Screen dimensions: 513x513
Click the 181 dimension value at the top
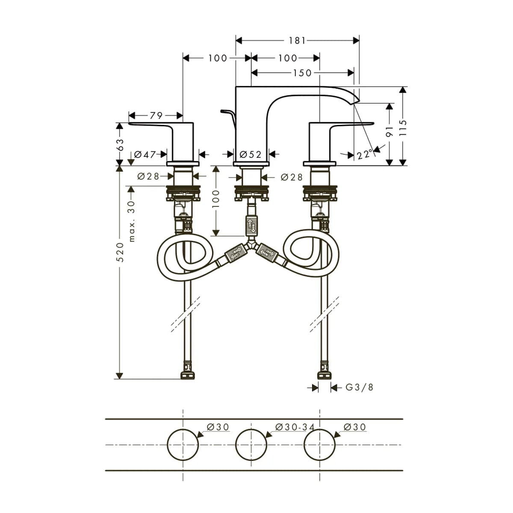point(297,41)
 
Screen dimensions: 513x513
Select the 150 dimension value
point(302,73)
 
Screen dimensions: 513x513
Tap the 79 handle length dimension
point(156,115)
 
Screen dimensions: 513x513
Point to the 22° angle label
point(365,154)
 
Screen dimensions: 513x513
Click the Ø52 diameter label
point(251,154)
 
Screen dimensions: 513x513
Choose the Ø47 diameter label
point(145,154)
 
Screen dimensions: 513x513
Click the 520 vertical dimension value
point(121,252)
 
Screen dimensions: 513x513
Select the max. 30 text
point(132,221)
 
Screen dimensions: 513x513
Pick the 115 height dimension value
point(403,128)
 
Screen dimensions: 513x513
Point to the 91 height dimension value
point(389,131)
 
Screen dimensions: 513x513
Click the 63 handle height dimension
point(120,144)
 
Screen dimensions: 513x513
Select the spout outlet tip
point(356,103)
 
